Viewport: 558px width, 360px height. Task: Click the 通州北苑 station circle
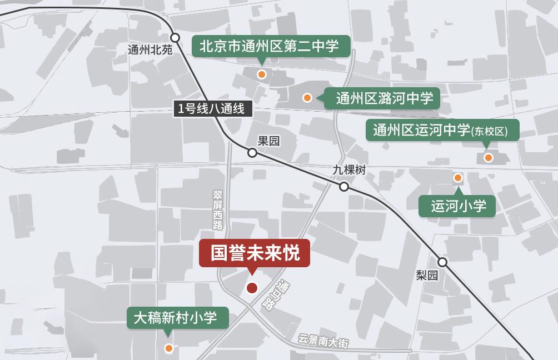[x=175, y=38]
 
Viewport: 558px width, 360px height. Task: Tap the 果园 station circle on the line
[x=252, y=152]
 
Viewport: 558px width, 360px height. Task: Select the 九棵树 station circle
[x=344, y=187]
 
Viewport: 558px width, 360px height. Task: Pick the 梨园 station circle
[x=442, y=262]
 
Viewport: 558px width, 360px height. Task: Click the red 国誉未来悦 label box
[x=254, y=253]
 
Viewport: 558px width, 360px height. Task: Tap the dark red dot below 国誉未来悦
[x=252, y=288]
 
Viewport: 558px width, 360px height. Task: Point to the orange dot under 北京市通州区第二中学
[x=262, y=74]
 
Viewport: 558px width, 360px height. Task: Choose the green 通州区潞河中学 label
[x=384, y=98]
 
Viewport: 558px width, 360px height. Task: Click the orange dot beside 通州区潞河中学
[x=307, y=98]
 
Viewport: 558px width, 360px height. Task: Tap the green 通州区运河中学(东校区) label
[x=442, y=130]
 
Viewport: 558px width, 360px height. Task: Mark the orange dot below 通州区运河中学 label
[x=489, y=158]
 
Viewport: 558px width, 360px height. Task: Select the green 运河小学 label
[x=459, y=206]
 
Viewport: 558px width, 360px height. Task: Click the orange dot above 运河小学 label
[x=458, y=178]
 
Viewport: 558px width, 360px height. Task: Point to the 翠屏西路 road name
[x=218, y=209]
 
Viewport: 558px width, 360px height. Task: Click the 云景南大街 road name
[x=323, y=341]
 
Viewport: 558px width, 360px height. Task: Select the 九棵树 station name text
[x=349, y=171]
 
